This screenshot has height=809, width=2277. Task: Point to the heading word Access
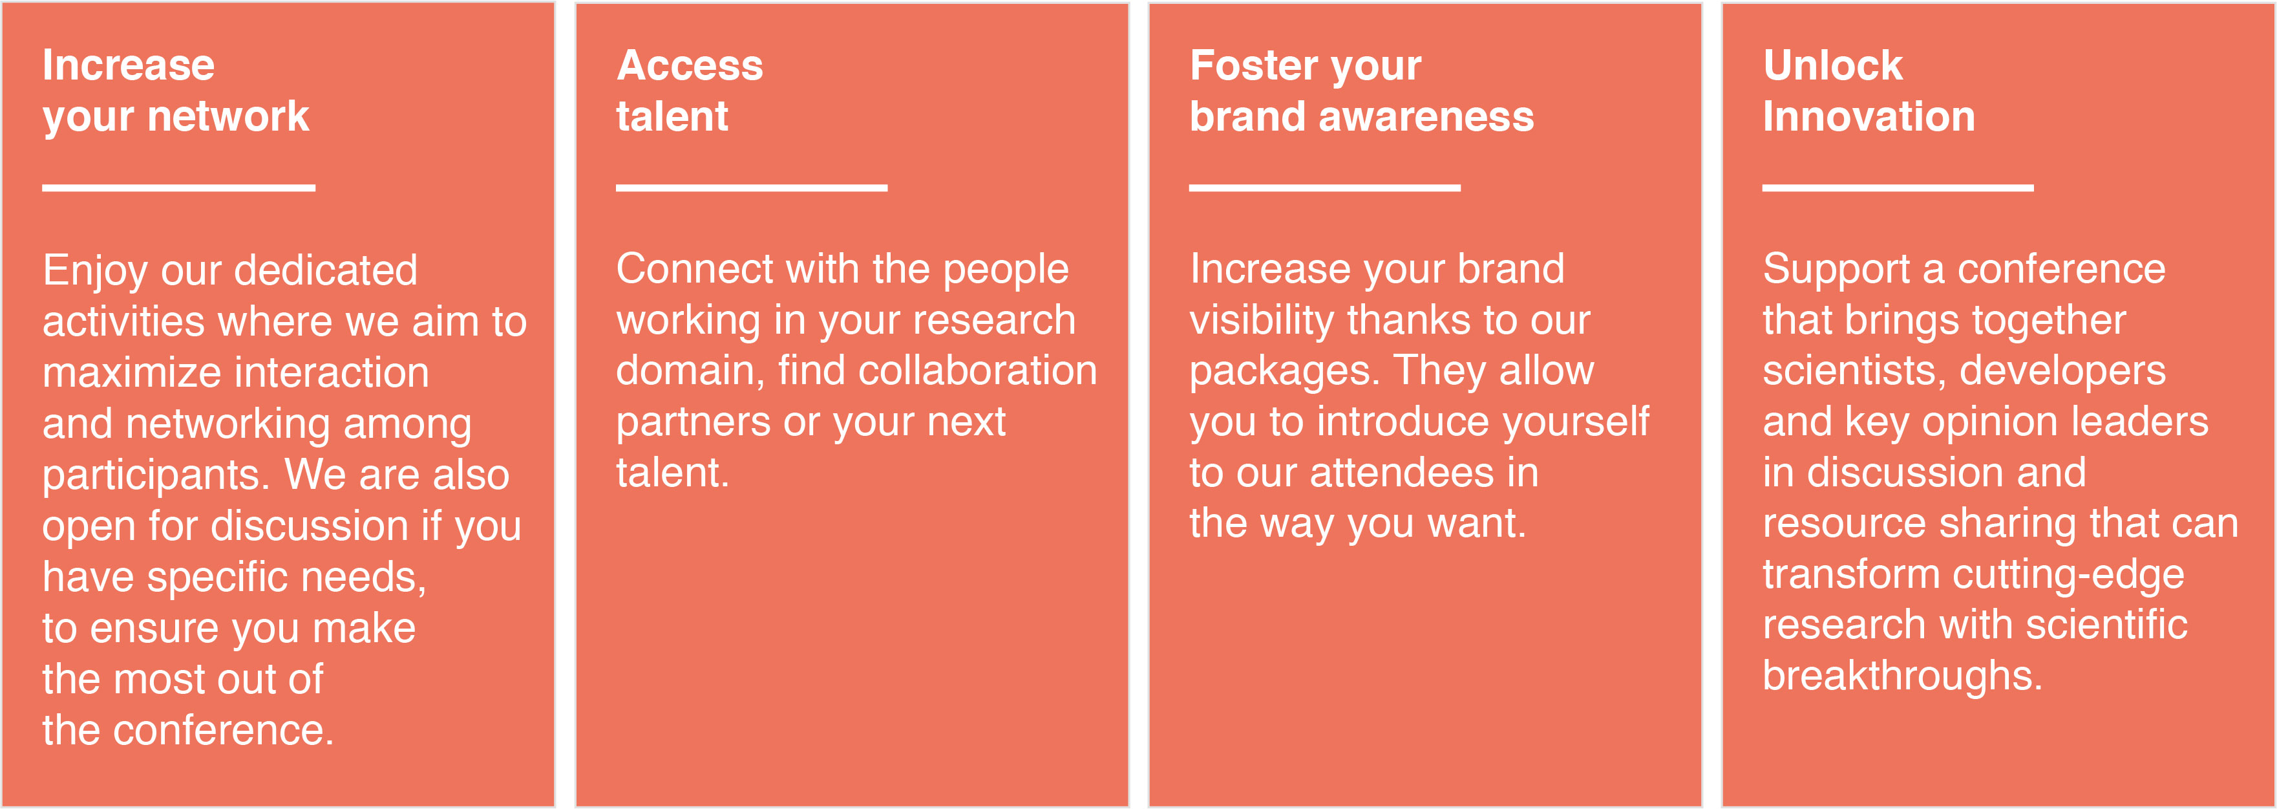(x=690, y=65)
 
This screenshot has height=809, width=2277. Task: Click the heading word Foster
(x=1255, y=65)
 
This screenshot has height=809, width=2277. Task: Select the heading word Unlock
(x=1832, y=65)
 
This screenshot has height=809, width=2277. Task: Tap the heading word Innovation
(x=1869, y=116)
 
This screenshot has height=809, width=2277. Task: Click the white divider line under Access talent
(x=751, y=188)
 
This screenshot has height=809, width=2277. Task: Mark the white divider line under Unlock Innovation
(x=1898, y=188)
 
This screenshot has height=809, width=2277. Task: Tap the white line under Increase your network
(x=178, y=188)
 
